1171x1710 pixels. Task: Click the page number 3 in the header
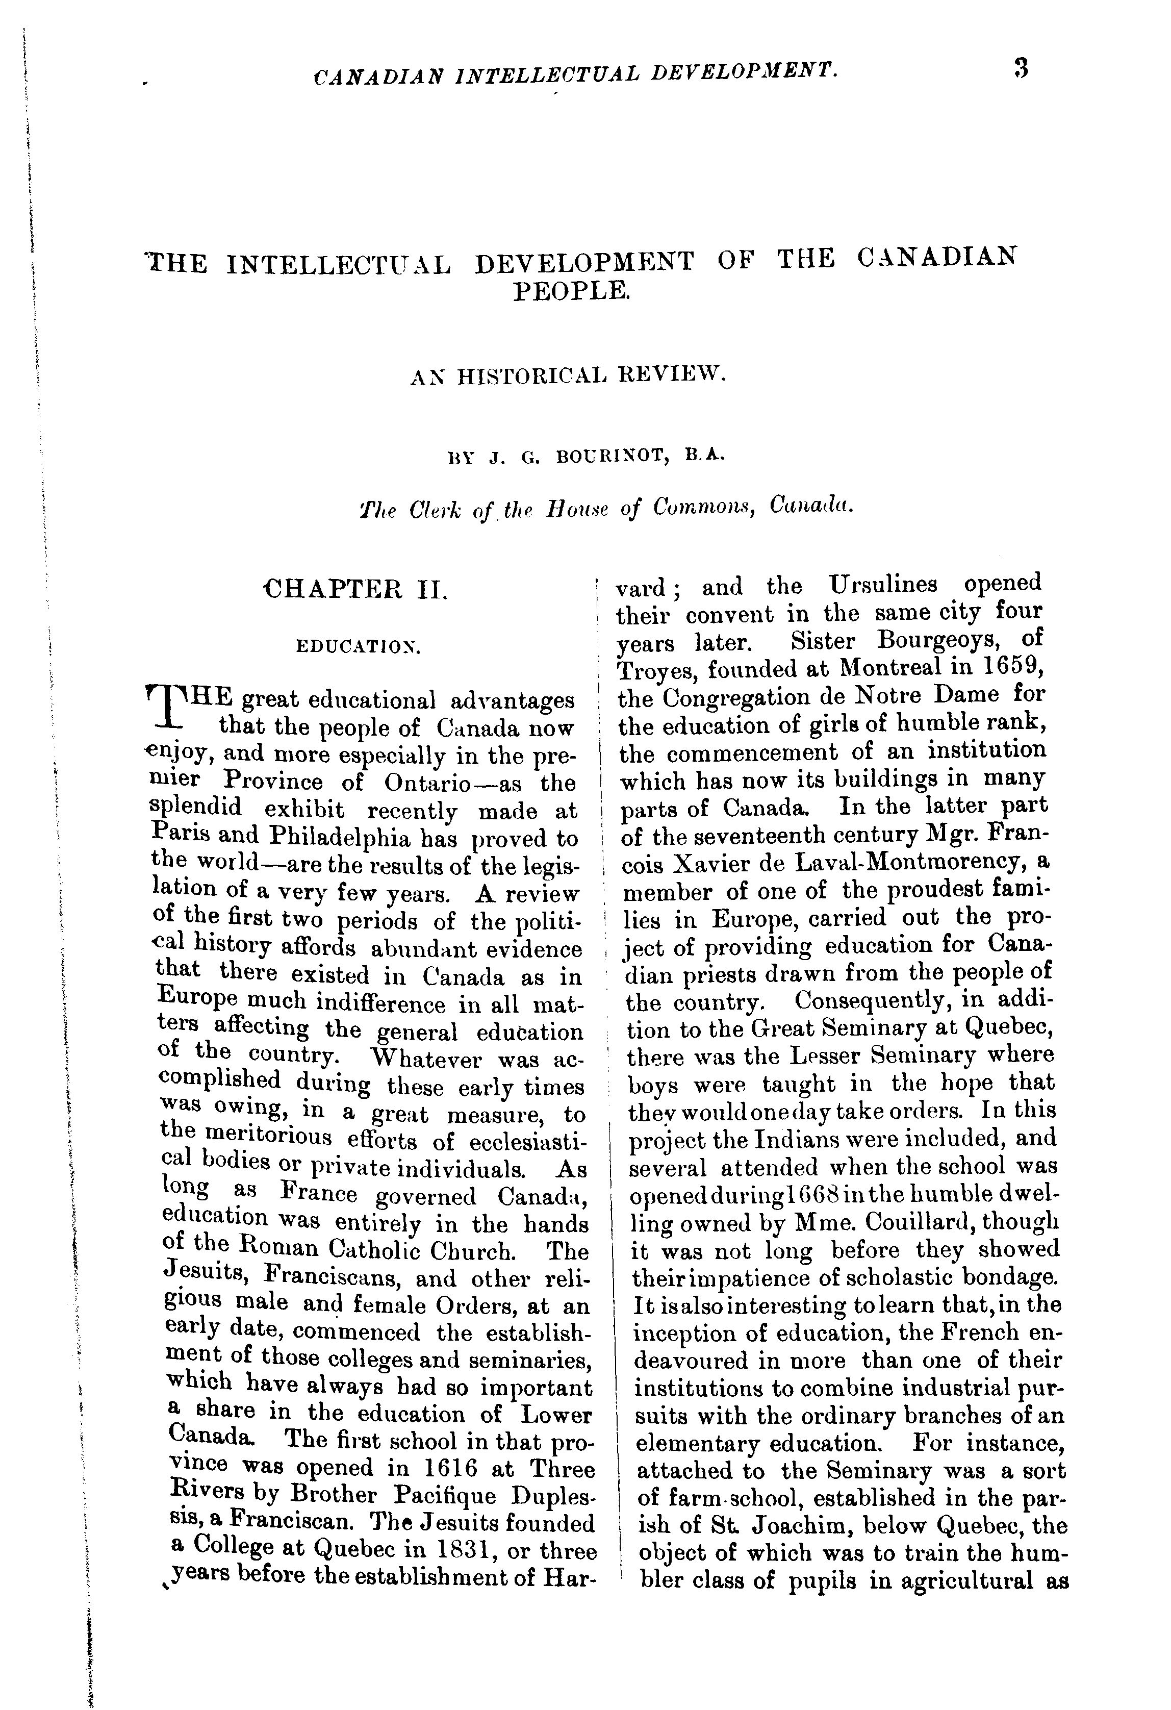[1020, 68]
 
